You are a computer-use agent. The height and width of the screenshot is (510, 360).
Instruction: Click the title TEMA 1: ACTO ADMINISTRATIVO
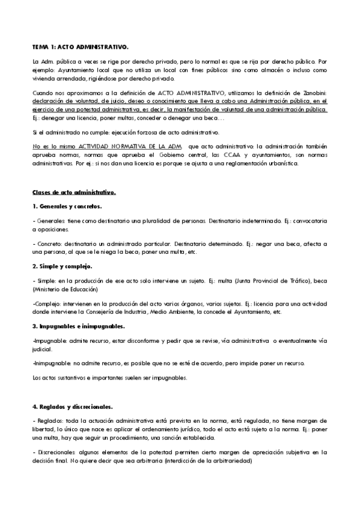(81, 46)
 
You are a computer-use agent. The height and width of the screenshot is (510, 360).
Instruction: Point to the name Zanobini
(314, 93)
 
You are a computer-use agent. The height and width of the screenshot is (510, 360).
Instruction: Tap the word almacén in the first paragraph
(269, 70)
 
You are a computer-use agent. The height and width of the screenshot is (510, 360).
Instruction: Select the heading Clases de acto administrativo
(73, 192)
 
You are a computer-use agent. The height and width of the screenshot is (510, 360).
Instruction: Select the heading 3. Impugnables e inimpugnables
(79, 325)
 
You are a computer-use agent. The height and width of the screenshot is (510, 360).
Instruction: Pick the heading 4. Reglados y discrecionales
(75, 406)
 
